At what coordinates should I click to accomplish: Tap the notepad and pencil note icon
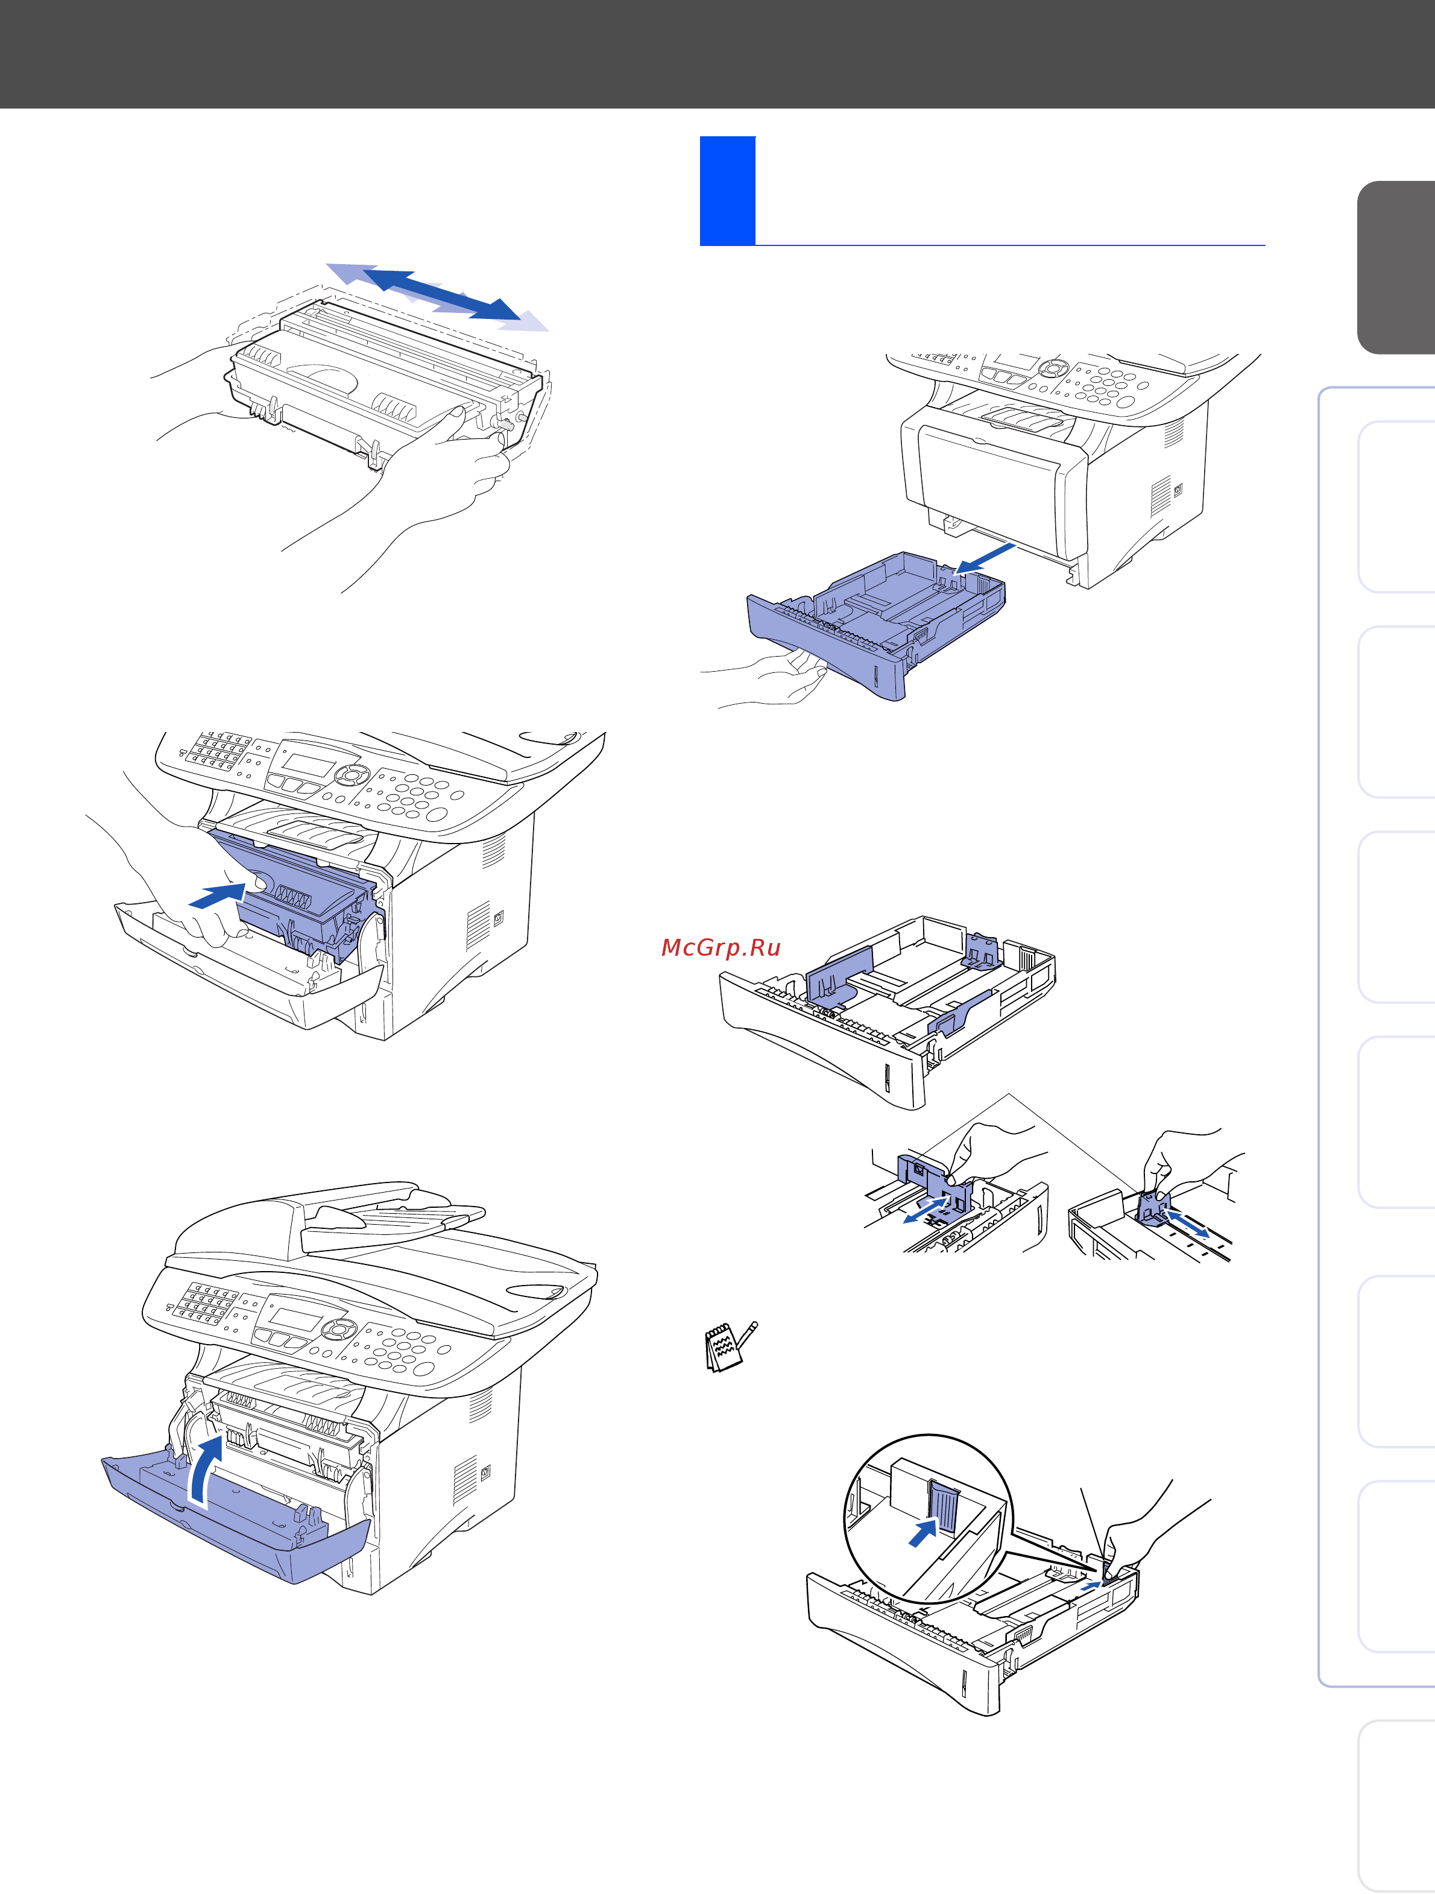728,1346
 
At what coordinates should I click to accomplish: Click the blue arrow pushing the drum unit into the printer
218,897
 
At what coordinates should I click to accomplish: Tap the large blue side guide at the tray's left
837,976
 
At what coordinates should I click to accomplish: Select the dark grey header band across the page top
717,53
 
